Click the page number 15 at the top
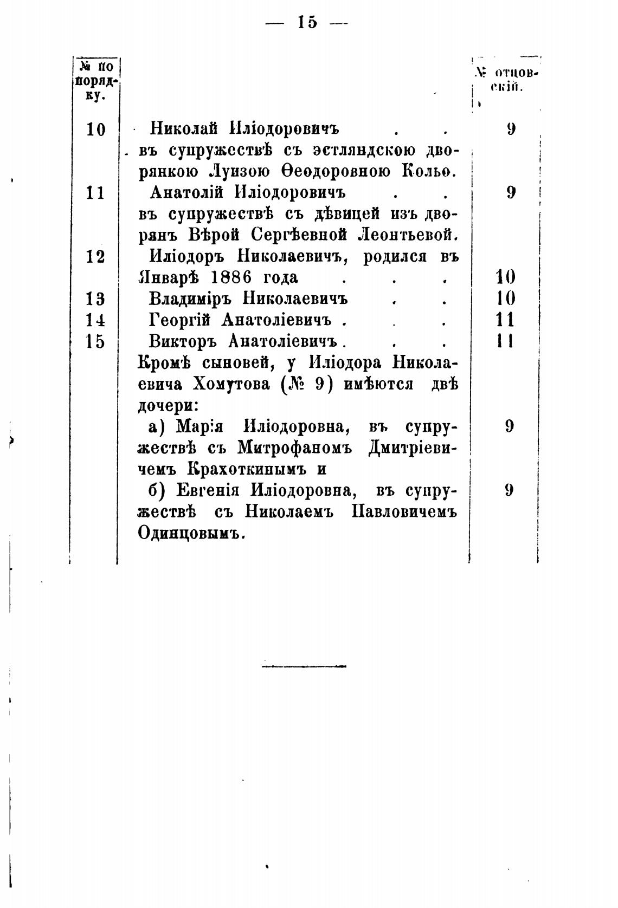coord(307,22)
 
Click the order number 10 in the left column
coord(96,129)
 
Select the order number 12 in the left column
coord(95,256)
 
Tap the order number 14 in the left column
coord(95,320)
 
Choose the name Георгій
coord(180,320)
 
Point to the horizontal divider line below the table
coord(304,665)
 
